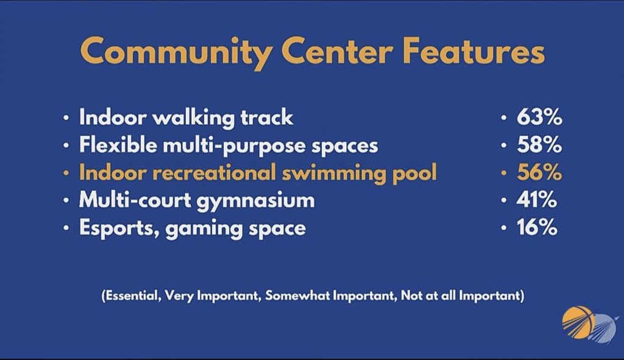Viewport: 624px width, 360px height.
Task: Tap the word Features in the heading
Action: click(x=473, y=51)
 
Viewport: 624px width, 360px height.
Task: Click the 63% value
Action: click(x=539, y=118)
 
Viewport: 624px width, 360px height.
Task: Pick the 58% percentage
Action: click(x=539, y=145)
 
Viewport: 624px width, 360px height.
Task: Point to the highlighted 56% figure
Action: click(x=539, y=172)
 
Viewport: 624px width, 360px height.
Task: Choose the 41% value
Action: click(x=536, y=200)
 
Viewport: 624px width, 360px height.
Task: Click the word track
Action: click(x=267, y=118)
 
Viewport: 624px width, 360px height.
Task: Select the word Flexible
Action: click(x=118, y=144)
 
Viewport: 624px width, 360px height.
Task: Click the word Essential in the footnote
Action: click(x=131, y=295)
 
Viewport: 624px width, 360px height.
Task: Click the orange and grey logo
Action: click(x=590, y=323)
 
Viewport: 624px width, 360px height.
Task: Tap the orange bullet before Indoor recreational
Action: click(x=66, y=173)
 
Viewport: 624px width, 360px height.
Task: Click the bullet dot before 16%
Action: click(x=504, y=228)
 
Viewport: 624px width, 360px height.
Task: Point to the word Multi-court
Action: click(x=135, y=200)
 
